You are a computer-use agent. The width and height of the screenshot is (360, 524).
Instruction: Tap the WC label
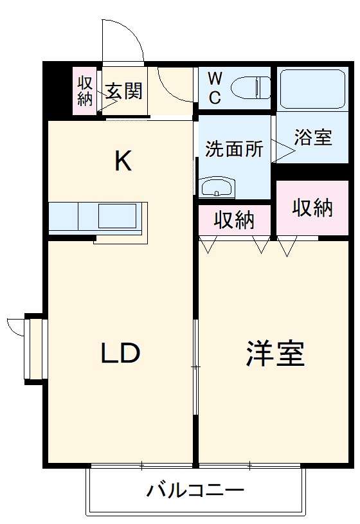coord(215,88)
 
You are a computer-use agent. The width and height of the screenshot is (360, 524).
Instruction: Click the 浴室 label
coord(313,138)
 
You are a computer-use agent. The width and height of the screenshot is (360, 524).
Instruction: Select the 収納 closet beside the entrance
coord(85,91)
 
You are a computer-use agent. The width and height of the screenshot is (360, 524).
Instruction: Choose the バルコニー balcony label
coord(195,492)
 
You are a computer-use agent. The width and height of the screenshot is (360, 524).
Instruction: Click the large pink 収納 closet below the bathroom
coord(312,208)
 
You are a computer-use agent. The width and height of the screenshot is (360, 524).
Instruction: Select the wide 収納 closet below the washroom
coord(235,221)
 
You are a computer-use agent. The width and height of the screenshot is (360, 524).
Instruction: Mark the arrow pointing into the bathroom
coord(283,151)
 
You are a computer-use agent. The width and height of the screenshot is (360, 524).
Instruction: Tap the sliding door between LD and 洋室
coord(196,366)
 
